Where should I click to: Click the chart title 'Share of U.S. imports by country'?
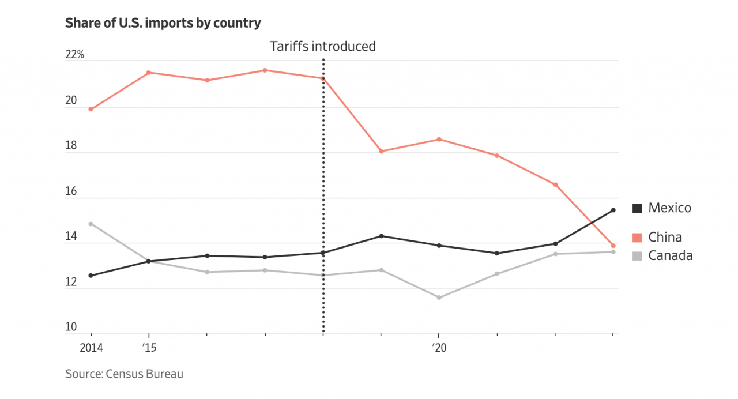tap(163, 23)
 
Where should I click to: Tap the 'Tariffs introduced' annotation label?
tap(323, 46)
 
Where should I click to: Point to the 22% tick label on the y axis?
tap(74, 55)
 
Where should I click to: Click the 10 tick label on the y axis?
tap(71, 328)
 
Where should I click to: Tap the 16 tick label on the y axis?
tap(71, 191)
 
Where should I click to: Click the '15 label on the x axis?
tap(149, 348)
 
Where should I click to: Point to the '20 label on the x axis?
tap(439, 348)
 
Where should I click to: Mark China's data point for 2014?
tap(91, 109)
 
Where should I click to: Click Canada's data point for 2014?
tap(91, 224)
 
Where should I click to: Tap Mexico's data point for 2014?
tap(91, 276)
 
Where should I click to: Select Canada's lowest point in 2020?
tap(439, 298)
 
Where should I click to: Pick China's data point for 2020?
tap(439, 139)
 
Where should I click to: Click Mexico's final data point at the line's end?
tap(613, 210)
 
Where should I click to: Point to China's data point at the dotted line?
tap(323, 78)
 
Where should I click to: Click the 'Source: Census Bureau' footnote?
tap(124, 374)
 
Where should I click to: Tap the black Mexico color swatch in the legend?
tap(637, 208)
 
